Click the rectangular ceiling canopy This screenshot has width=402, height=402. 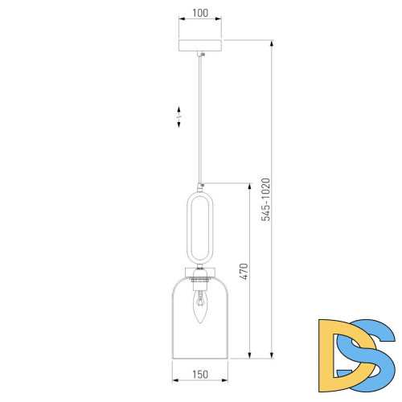[x=200, y=45]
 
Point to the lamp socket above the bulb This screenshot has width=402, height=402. [x=200, y=283]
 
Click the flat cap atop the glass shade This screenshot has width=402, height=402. [x=200, y=269]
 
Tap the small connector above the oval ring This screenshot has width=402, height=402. [x=200, y=186]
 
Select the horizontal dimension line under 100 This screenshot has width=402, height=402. [x=200, y=23]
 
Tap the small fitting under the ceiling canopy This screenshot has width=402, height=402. [x=200, y=55]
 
